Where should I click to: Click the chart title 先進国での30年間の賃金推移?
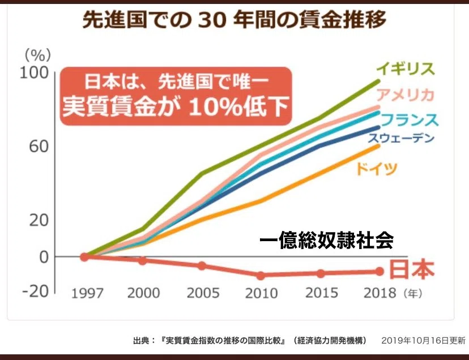[x=234, y=20]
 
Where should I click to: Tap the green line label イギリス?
[x=406, y=68]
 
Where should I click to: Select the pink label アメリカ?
[x=406, y=95]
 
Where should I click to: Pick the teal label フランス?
[x=410, y=120]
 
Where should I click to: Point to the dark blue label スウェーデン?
[x=401, y=138]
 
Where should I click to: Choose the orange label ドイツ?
[x=377, y=169]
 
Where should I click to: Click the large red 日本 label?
[x=412, y=269]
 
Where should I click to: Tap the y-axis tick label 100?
[x=34, y=73]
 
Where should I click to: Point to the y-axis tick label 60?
[x=39, y=147]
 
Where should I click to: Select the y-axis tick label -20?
[x=35, y=292]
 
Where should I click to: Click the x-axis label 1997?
[x=87, y=294]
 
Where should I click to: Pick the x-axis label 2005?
[x=203, y=293]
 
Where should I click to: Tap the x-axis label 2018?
[x=380, y=293]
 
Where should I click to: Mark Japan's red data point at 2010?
[x=261, y=276]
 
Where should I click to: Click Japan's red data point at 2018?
[x=380, y=272]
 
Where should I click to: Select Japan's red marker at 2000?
[x=143, y=261]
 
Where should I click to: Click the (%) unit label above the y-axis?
[x=38, y=55]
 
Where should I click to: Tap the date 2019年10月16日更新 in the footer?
[x=424, y=340]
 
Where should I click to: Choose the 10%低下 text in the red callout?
[x=239, y=107]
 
